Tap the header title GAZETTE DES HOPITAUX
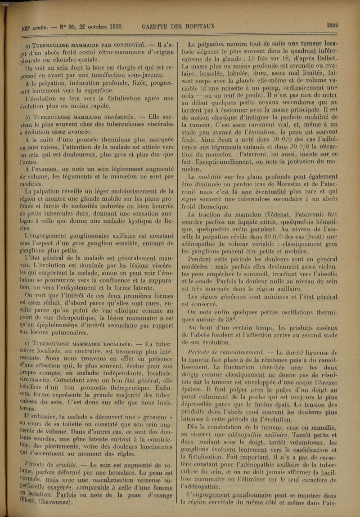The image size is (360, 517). coord(178,27)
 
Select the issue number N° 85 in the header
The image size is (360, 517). coord(62,27)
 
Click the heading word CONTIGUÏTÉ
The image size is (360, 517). coord(125,45)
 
